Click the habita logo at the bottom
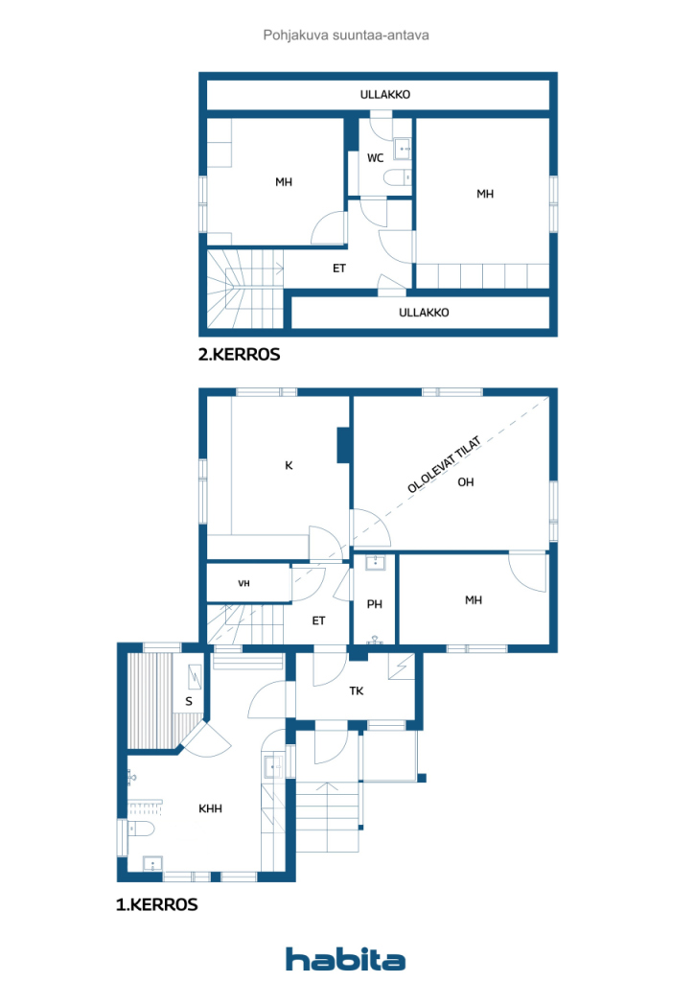[345, 958]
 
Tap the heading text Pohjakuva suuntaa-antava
[346, 35]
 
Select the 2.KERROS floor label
[239, 355]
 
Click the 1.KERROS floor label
[156, 904]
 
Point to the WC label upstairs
[376, 158]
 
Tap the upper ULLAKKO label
[385, 95]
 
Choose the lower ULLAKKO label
[424, 313]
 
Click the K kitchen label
[288, 466]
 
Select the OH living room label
[466, 482]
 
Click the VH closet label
[244, 583]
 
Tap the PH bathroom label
[375, 605]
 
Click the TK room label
[356, 690]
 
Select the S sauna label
[189, 702]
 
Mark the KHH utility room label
[211, 808]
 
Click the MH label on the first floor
[474, 600]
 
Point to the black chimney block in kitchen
[342, 444]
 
